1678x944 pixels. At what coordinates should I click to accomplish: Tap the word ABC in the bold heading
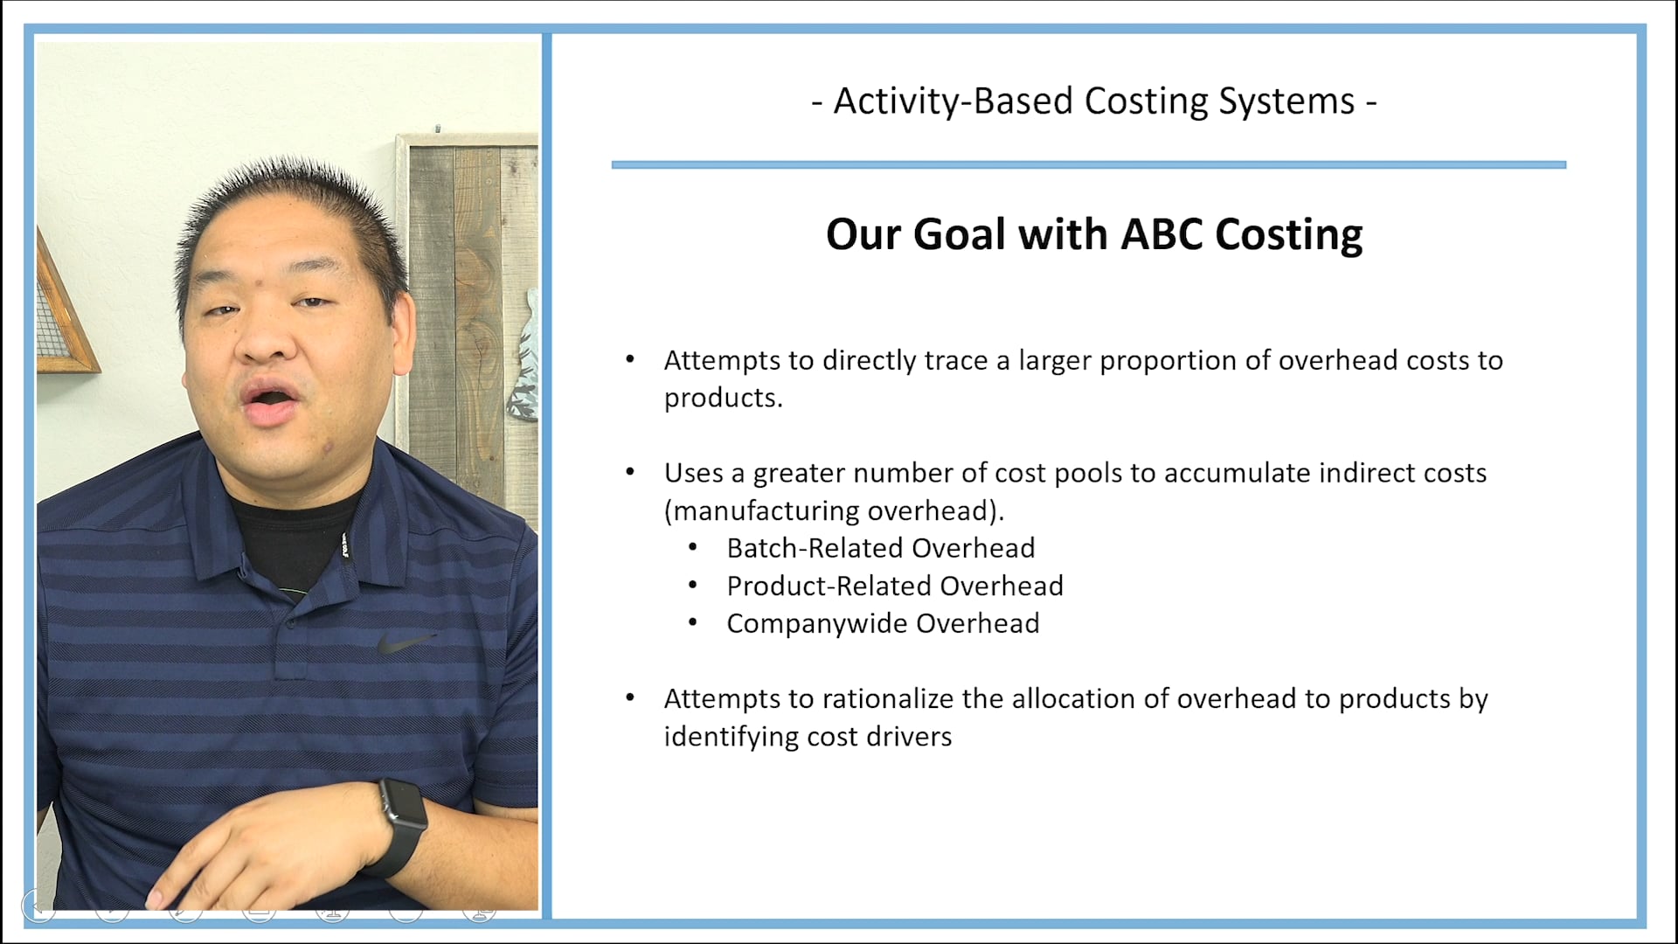(x=1161, y=234)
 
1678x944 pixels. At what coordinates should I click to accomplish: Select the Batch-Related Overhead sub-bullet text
(x=880, y=548)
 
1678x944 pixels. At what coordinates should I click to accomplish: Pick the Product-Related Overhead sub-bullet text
(x=894, y=586)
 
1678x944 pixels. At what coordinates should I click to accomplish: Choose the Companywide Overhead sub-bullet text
(x=883, y=623)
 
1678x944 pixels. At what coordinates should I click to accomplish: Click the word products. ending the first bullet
(x=723, y=399)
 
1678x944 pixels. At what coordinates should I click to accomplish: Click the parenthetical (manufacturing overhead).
(x=834, y=510)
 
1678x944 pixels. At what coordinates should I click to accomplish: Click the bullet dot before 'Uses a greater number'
(x=630, y=473)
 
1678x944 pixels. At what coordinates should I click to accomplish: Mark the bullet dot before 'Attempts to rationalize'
(x=630, y=698)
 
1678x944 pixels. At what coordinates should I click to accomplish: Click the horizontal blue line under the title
(x=1088, y=164)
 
